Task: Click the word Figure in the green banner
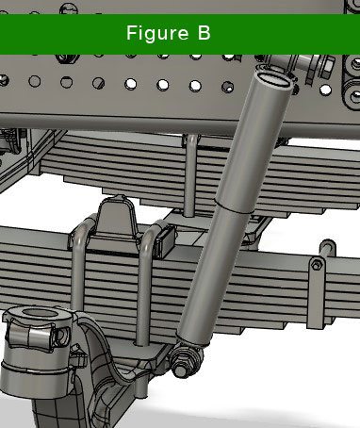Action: pyautogui.click(x=157, y=34)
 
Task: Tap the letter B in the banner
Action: pyautogui.click(x=204, y=33)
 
